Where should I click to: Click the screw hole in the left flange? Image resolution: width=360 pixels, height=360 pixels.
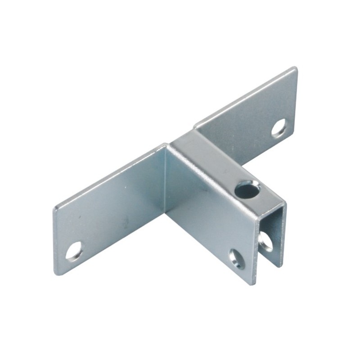(74, 251)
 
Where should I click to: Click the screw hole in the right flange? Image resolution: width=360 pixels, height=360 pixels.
(279, 128)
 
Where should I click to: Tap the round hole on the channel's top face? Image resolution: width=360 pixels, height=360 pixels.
(247, 189)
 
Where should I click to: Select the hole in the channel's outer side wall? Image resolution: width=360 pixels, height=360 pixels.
(237, 259)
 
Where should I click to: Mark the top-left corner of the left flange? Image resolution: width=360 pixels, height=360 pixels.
(55, 209)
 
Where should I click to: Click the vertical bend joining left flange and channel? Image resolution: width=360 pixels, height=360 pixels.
(166, 180)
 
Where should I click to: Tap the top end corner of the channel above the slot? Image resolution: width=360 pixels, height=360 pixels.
(284, 203)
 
